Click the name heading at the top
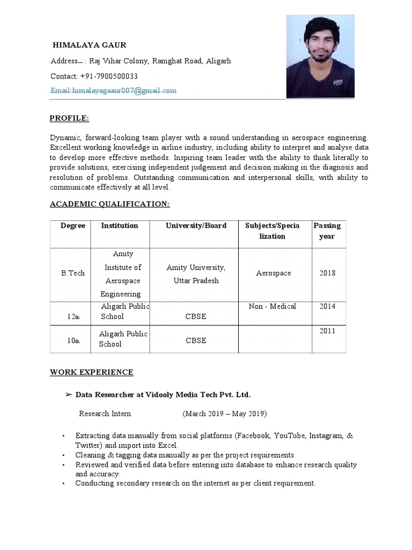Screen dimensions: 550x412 [x=89, y=45]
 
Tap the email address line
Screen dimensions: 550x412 [x=113, y=91]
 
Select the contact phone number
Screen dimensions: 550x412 [x=94, y=76]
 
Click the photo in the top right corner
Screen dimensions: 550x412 [x=320, y=56]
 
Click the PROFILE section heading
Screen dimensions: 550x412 [x=70, y=118]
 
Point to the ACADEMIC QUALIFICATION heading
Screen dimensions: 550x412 [x=110, y=204]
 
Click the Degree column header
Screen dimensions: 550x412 [x=73, y=226]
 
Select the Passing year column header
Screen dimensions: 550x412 [x=327, y=231]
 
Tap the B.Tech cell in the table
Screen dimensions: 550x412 [x=73, y=273]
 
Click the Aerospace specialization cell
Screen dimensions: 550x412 [x=274, y=273]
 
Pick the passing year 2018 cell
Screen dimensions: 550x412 [x=327, y=273]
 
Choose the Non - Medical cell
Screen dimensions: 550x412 [x=273, y=306]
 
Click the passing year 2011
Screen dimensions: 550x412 [x=327, y=331]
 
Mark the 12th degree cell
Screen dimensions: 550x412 [x=73, y=317]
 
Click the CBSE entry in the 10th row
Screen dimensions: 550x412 [x=196, y=341]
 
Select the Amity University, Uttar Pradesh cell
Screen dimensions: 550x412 [x=196, y=274]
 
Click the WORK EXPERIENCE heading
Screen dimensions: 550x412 [x=92, y=372]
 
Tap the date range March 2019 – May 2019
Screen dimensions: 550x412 [x=225, y=414]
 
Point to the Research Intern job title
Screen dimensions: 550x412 [x=105, y=414]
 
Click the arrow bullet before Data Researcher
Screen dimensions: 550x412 [x=68, y=395]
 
